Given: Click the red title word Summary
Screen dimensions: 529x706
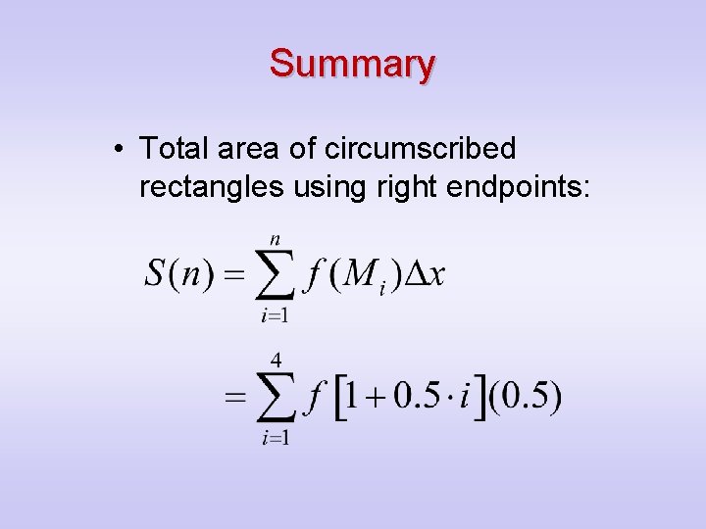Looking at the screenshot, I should pyautogui.click(x=352, y=64).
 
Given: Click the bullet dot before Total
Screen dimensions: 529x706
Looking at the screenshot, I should pyautogui.click(x=118, y=150).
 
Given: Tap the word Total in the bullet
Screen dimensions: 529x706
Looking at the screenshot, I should pyautogui.click(x=174, y=149).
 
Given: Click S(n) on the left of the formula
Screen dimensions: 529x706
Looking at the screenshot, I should pyautogui.click(x=179, y=272).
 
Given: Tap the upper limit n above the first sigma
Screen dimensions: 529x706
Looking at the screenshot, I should pyautogui.click(x=275, y=238).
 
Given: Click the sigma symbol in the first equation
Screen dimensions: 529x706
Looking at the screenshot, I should pyautogui.click(x=276, y=275).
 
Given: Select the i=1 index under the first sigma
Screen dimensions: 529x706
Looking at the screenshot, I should pyautogui.click(x=276, y=315).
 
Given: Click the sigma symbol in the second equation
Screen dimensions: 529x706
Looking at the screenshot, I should pyautogui.click(x=276, y=398).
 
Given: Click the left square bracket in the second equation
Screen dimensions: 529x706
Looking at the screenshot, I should pyautogui.click(x=342, y=398).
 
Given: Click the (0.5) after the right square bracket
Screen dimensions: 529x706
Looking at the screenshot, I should pyautogui.click(x=527, y=398).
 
